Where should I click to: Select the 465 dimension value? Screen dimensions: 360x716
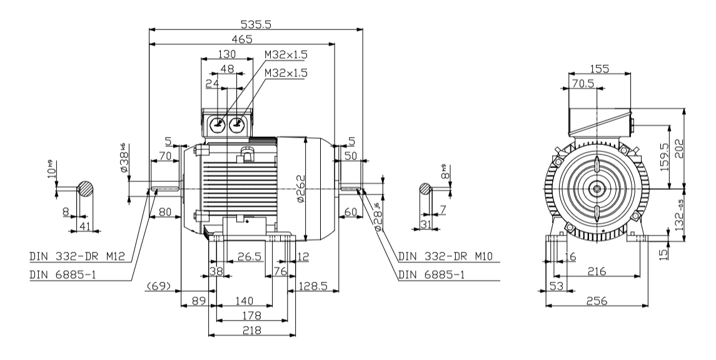point(243,39)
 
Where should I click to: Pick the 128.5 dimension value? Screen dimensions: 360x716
point(315,286)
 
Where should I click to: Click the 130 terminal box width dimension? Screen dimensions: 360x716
point(227,54)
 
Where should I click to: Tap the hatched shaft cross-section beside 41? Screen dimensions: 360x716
point(87,188)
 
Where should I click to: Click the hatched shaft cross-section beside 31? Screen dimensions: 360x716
point(425,188)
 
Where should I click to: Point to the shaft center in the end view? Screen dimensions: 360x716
point(597,187)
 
